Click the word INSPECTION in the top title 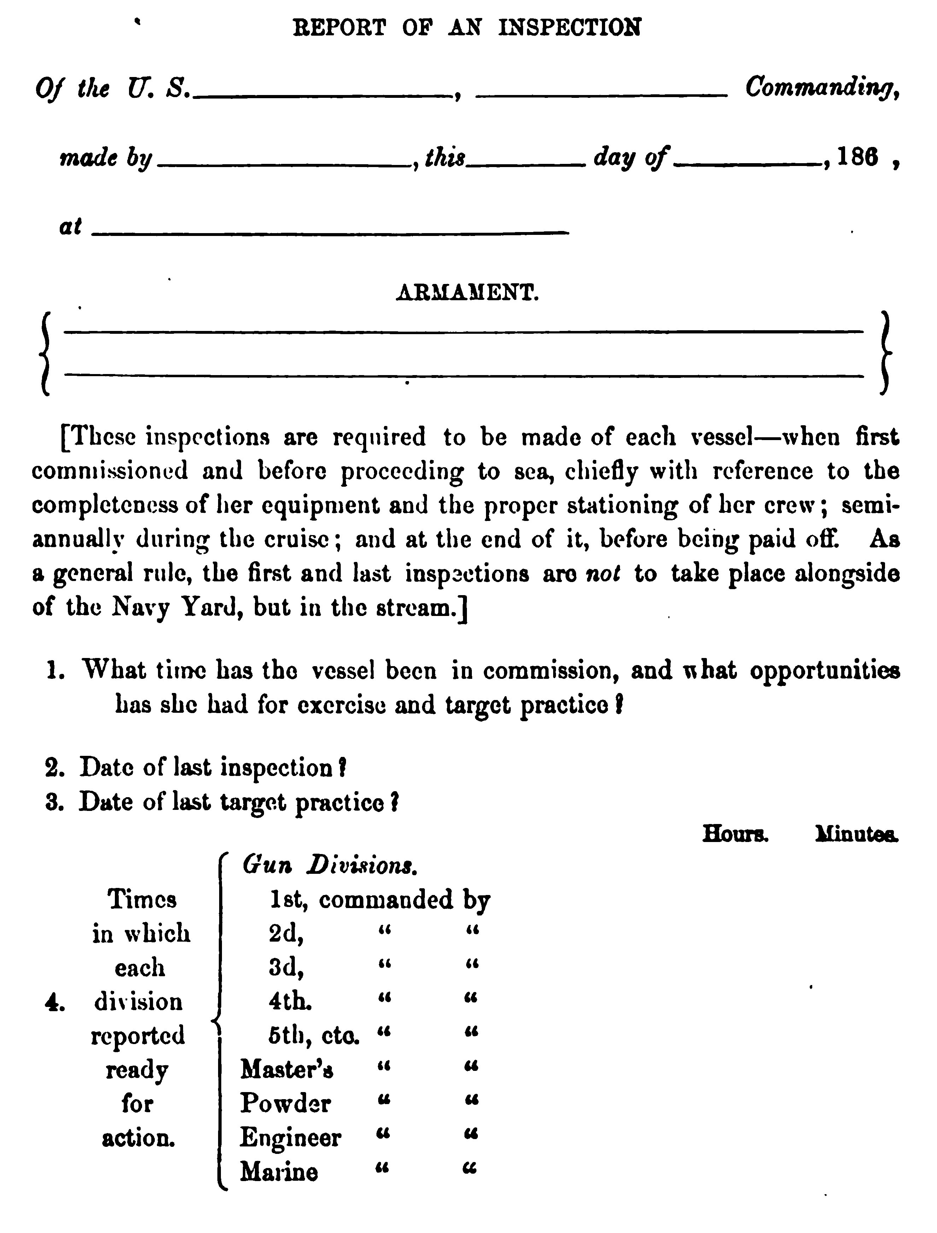[569, 27]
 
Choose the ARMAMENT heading [467, 293]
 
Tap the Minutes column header [856, 834]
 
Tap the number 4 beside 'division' [55, 1003]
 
